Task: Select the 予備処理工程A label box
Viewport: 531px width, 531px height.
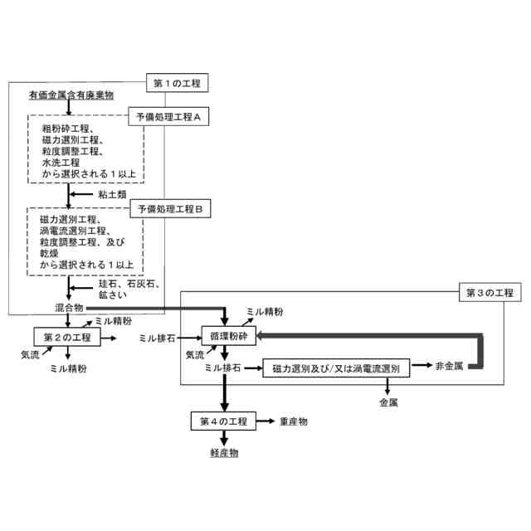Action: tap(169, 118)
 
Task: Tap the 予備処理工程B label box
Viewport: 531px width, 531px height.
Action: tap(170, 208)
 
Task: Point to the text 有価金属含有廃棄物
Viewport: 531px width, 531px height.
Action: tap(71, 96)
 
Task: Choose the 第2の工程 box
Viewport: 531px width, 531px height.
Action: tap(66, 337)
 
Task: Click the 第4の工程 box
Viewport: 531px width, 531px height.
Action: tap(222, 421)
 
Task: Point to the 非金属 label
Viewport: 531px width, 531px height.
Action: tap(449, 365)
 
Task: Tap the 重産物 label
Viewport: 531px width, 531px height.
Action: tap(295, 421)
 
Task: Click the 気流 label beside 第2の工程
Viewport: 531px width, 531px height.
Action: tap(31, 354)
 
